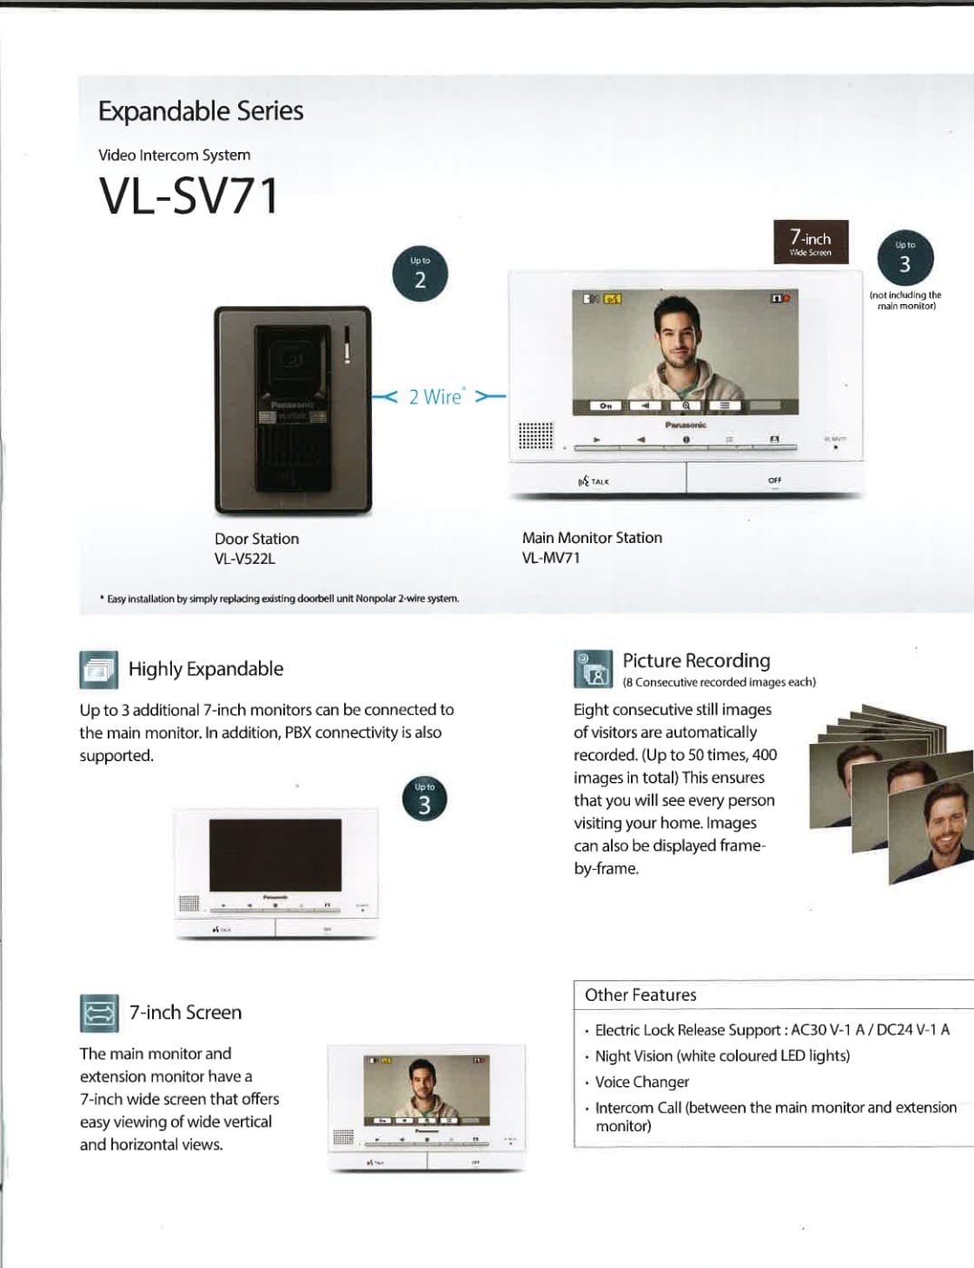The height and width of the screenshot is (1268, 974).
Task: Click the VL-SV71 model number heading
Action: tap(188, 196)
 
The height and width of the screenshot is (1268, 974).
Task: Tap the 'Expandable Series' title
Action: tap(200, 111)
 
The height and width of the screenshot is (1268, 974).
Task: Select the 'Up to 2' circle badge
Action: tap(420, 273)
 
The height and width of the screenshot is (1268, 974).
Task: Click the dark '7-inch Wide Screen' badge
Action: tap(810, 242)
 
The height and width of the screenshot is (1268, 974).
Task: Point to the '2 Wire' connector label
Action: tap(437, 396)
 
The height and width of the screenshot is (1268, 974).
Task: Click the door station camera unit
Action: tap(292, 410)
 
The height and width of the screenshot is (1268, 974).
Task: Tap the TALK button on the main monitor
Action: tap(596, 481)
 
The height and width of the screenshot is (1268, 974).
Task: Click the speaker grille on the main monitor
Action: tap(535, 435)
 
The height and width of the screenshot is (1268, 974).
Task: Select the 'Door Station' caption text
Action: tap(256, 539)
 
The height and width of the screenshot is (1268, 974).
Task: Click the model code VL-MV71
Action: tap(550, 558)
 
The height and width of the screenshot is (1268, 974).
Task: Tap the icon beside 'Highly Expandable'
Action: tap(98, 670)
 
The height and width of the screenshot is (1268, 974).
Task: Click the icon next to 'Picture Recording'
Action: tap(593, 669)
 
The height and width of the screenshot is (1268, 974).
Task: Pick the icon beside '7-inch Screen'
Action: tap(99, 1013)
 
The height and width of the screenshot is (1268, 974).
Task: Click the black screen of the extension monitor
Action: tap(275, 855)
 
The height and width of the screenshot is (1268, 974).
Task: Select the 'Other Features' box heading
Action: tap(640, 995)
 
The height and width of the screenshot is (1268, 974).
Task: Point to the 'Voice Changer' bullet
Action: tap(642, 1082)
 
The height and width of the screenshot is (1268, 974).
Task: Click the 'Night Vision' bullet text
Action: tap(721, 1055)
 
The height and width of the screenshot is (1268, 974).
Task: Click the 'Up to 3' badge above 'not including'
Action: tap(904, 258)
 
